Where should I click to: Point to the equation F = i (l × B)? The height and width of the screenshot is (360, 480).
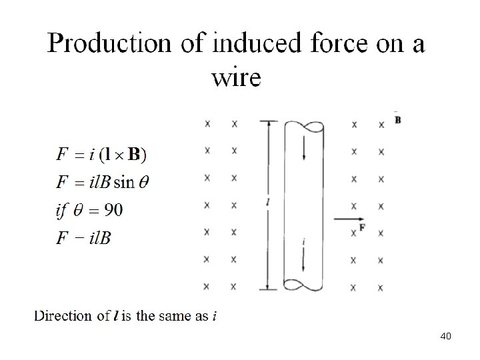click(x=103, y=155)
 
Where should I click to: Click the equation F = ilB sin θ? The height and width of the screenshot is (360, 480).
click(x=103, y=182)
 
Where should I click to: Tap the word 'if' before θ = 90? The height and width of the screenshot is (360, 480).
click(x=61, y=211)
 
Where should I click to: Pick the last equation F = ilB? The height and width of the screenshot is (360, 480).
click(x=84, y=238)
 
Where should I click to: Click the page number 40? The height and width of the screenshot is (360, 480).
click(x=446, y=336)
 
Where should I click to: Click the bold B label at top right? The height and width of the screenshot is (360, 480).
click(x=398, y=121)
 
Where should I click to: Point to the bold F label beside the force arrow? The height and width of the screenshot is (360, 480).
click(x=362, y=228)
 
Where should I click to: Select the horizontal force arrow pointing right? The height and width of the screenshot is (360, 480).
click(x=347, y=219)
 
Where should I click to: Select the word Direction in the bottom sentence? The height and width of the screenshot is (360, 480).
click(x=63, y=316)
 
